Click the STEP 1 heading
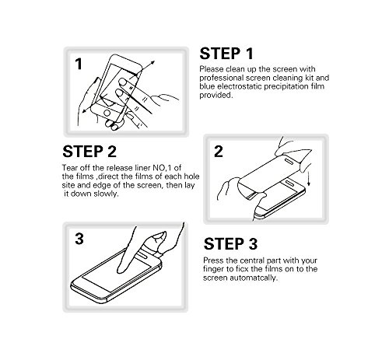(226, 54)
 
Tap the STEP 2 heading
(89, 152)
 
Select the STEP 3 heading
(230, 244)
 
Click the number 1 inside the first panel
(79, 64)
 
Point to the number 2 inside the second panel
(219, 152)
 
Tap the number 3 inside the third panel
(79, 239)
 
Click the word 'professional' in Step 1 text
(222, 78)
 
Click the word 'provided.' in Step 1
(216, 95)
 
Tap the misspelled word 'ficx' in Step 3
(242, 269)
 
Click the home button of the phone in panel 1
(107, 113)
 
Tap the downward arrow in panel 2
(309, 178)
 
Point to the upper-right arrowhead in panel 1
(152, 63)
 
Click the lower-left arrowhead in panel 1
(85, 110)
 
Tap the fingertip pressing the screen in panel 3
(121, 270)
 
